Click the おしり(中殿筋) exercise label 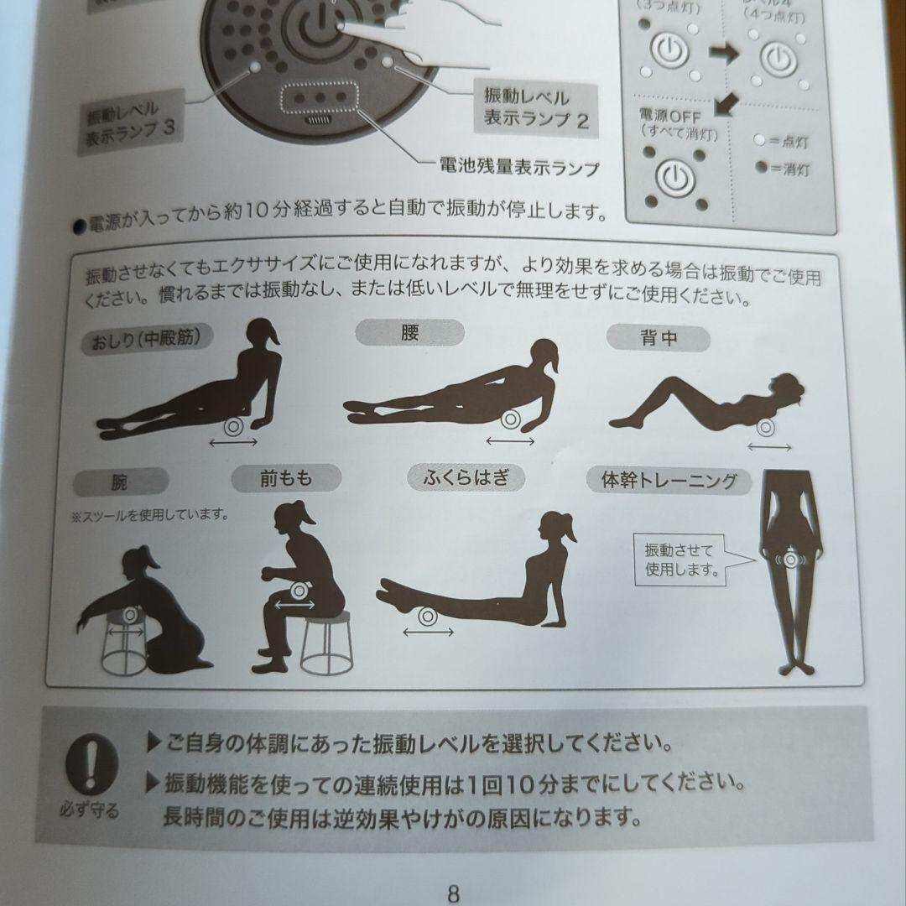point(148,340)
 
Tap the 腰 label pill point(409,332)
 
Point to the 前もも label point(285,478)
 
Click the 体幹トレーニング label point(669,481)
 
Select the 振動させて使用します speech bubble point(680,560)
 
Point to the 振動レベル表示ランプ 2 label point(535,107)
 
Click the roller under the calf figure point(426,617)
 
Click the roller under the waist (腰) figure point(510,420)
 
